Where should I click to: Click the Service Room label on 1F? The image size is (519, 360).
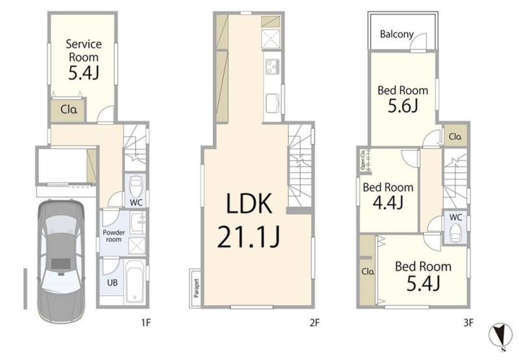click(84, 51)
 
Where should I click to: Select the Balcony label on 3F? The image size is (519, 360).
click(397, 34)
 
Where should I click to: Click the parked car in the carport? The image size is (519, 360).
click(61, 261)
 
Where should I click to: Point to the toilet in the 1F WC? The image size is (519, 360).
click(136, 187)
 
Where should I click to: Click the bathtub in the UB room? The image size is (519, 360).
click(135, 282)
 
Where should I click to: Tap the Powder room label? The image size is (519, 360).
click(114, 235)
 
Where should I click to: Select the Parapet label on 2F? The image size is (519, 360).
click(197, 288)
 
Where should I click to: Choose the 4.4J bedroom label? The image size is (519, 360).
click(388, 196)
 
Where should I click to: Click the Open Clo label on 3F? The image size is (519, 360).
click(363, 160)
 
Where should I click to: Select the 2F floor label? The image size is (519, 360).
click(315, 322)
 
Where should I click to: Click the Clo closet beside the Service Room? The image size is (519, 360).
click(69, 110)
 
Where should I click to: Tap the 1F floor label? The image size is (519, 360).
click(146, 322)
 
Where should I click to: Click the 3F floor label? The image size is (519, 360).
click(468, 322)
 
